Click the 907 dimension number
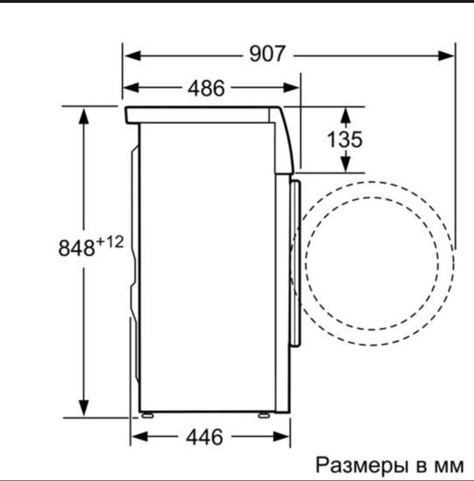pos(267,54)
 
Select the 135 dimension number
pos(344,139)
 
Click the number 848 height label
pos(76,248)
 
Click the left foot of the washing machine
pos(145,415)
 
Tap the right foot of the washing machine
pos(263,415)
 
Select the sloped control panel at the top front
pos(286,138)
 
